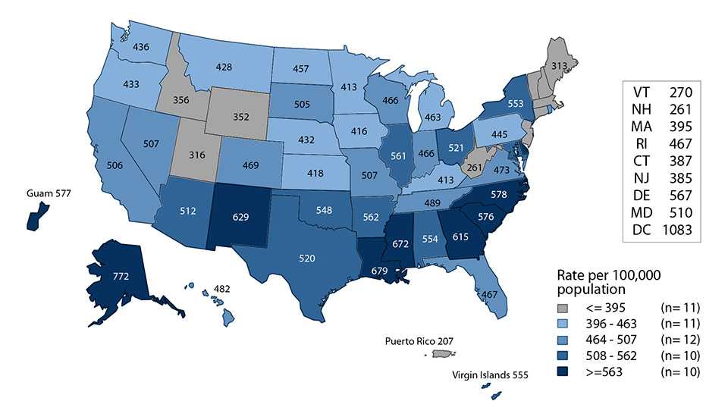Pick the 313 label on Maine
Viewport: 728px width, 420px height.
557,66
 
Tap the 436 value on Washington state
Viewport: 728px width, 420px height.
140,47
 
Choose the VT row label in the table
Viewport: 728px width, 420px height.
639,92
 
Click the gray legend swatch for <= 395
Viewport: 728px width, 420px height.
561,308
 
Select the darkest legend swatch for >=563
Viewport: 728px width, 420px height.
561,371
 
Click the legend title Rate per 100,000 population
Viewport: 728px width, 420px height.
603,282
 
